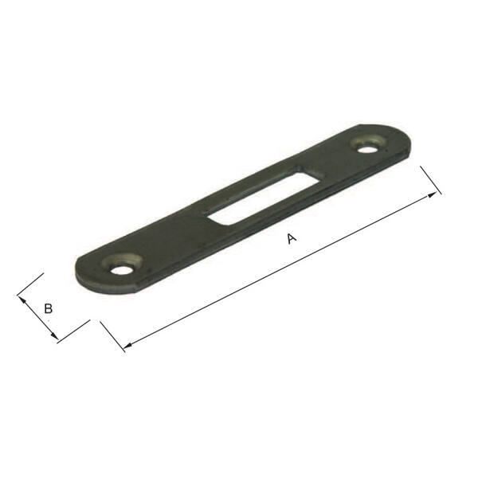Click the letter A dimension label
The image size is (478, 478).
[292, 238]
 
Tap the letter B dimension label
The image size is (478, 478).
[48, 308]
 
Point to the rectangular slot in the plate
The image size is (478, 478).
[264, 195]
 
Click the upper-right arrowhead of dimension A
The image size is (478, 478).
[432, 195]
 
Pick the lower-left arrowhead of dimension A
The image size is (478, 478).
[127, 346]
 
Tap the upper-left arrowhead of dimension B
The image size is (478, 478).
[22, 300]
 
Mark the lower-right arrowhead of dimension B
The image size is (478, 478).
[54, 335]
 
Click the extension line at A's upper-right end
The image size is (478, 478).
[431, 180]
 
